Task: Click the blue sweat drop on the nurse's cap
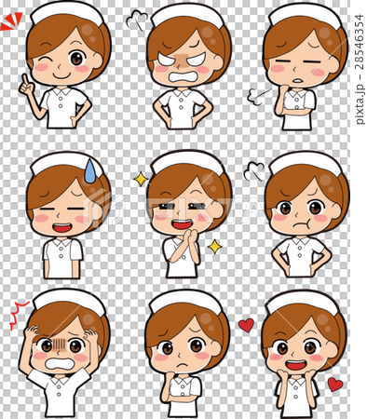pyautogui.click(x=89, y=171)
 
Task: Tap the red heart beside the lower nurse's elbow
pyautogui.click(x=335, y=385)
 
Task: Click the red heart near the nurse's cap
pyautogui.click(x=246, y=325)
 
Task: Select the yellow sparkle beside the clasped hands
pyautogui.click(x=214, y=247)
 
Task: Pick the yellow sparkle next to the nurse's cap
pyautogui.click(x=141, y=180)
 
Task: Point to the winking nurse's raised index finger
pyautogui.click(x=25, y=79)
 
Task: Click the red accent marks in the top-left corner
pyautogui.click(x=11, y=21)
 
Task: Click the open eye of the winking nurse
pyautogui.click(x=76, y=58)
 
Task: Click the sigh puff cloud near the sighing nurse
pyautogui.click(x=255, y=97)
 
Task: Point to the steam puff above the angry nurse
pyautogui.click(x=137, y=20)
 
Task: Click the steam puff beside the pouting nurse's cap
pyautogui.click(x=254, y=171)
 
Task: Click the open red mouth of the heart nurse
pyautogui.click(x=296, y=365)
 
